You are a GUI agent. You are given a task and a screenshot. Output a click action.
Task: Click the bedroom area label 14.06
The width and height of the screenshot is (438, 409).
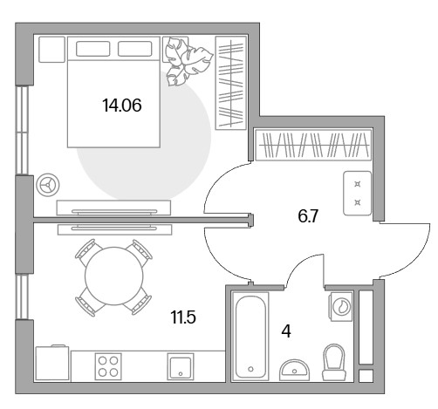coord(122,106)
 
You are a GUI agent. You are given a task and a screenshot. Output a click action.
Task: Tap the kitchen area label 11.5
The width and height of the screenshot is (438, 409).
coord(183,317)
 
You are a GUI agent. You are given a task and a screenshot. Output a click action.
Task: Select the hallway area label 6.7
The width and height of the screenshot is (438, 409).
coord(308,216)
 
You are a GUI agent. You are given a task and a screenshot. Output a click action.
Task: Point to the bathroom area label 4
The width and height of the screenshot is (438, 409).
coord(286,331)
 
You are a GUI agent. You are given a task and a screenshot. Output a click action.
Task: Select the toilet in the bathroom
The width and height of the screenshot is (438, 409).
coord(334,362)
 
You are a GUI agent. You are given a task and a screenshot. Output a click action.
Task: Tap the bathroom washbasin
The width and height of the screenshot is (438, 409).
coord(294,370)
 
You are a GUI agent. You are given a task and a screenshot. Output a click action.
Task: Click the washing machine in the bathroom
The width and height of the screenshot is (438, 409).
coord(340,306)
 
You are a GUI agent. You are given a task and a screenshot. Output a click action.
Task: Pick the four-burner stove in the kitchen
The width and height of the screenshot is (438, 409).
coord(108,366)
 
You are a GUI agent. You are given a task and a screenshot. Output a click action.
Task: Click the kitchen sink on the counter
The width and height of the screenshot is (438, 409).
coord(181,366)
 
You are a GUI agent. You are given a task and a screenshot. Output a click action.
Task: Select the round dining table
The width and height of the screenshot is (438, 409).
coord(114,276)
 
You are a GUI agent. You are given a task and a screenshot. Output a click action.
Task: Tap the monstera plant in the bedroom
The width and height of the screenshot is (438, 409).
coord(188,62)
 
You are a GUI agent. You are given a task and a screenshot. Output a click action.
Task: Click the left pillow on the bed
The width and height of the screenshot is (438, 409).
coord(92,49)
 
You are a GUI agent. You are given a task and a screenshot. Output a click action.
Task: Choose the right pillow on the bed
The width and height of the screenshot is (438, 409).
coord(135,49)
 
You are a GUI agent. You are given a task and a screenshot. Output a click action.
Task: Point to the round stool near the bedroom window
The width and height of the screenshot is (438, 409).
coord(48,185)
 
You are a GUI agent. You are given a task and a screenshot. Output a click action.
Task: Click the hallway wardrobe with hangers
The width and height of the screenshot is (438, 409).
coord(313,145)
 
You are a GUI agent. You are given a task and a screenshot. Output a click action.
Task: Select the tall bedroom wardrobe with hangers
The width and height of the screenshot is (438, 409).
coord(230,83)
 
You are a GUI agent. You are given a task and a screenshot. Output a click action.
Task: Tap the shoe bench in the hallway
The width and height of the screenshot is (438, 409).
coord(358,194)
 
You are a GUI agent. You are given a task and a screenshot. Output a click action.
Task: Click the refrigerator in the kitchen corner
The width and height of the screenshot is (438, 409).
coord(52,363)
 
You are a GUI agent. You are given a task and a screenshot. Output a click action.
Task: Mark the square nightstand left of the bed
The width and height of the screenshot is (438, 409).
coord(51,49)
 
